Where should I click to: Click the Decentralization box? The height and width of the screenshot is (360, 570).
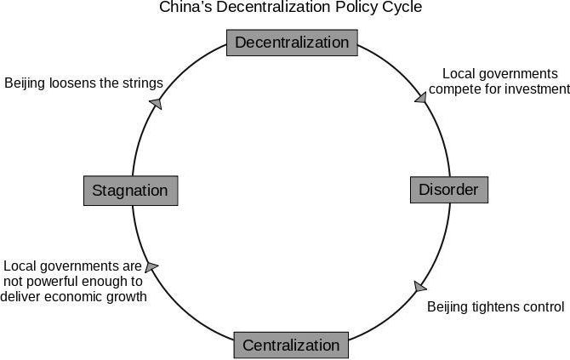click(x=292, y=43)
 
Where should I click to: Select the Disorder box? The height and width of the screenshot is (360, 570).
click(x=449, y=190)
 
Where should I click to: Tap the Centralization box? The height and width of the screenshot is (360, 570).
click(x=291, y=345)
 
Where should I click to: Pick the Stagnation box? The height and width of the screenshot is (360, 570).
click(x=131, y=191)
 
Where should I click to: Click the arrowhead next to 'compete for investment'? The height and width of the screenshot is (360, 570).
click(x=421, y=98)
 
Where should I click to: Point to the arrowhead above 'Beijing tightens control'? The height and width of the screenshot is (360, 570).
click(x=420, y=286)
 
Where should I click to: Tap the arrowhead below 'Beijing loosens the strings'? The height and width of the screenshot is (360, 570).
click(x=157, y=103)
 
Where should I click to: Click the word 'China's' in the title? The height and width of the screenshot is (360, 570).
click(x=185, y=7)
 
